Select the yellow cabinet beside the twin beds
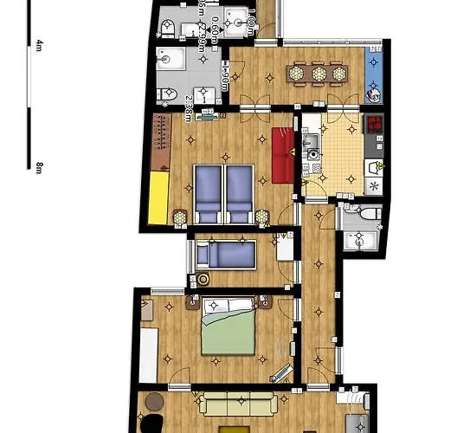coord(157,197)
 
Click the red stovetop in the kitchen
coord(375,126)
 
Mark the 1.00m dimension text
coord(250,21)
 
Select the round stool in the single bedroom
coord(203,280)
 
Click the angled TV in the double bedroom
coord(281,373)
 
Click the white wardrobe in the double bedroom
coord(149,354)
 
